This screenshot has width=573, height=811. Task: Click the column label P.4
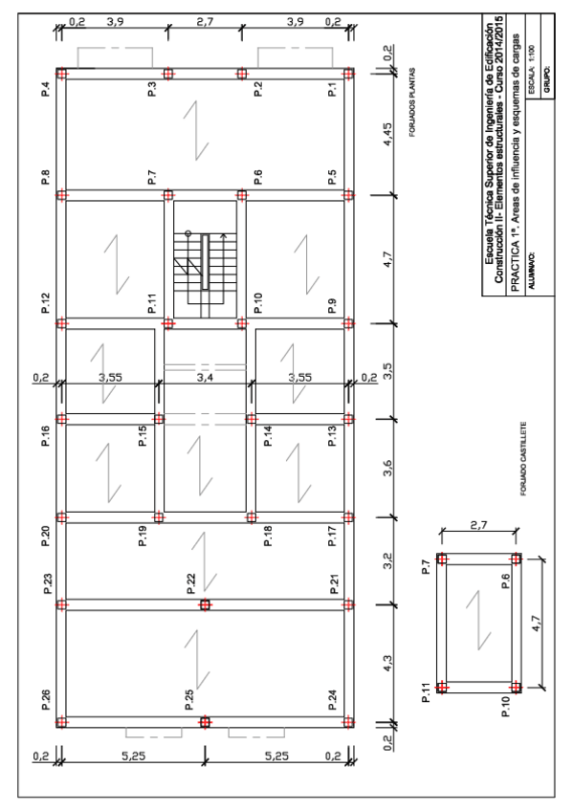click(46, 90)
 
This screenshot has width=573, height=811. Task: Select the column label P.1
click(332, 90)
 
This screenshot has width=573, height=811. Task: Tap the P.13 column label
click(332, 435)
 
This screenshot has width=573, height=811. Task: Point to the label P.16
click(46, 435)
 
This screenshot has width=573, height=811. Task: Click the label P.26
click(46, 700)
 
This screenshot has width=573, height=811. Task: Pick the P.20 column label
click(46, 536)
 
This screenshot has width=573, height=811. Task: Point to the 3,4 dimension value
click(206, 378)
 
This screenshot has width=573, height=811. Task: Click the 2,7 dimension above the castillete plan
click(478, 525)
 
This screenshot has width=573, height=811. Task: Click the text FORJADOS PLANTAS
click(412, 102)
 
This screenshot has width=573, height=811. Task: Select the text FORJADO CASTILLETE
click(524, 459)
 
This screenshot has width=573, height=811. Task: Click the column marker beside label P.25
click(206, 722)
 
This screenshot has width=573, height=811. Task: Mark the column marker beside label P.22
click(206, 604)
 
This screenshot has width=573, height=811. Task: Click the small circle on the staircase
click(188, 233)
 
